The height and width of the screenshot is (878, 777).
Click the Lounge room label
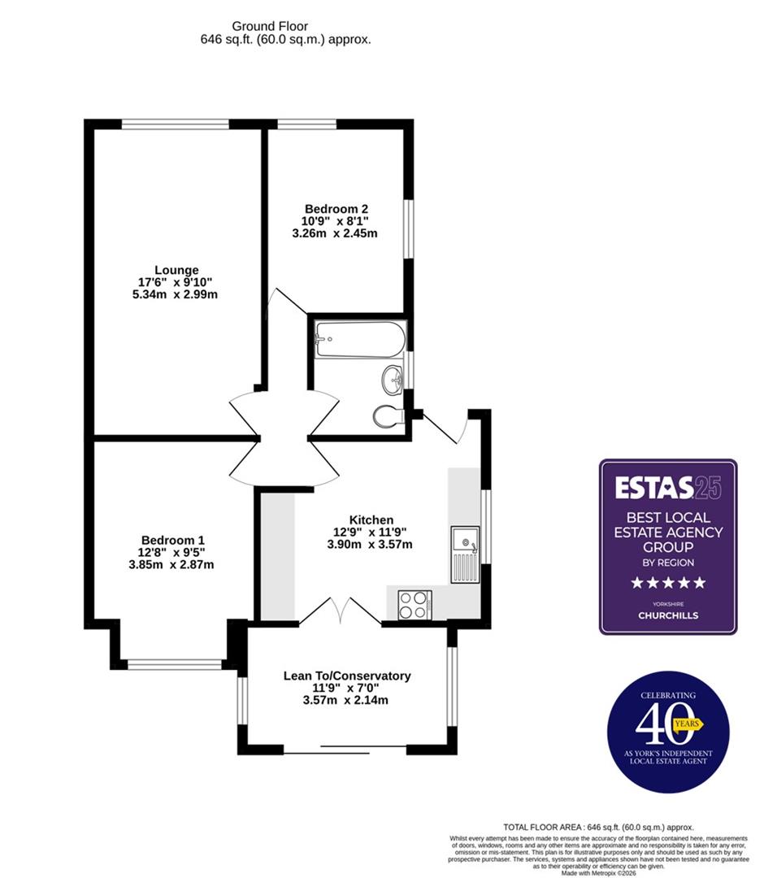176,270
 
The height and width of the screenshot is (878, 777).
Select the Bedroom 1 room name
172,540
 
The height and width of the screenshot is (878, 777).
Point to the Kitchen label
371,519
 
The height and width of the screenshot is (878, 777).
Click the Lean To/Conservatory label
346,676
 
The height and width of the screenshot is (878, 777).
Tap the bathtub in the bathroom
358,339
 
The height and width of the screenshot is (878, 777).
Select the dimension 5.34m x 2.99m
176,294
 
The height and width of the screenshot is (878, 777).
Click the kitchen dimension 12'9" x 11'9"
371,532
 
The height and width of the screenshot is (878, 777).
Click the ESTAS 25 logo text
667,487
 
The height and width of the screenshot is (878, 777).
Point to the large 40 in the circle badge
657,724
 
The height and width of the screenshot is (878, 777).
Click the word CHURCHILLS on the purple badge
668,615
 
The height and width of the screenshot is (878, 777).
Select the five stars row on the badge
668,582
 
